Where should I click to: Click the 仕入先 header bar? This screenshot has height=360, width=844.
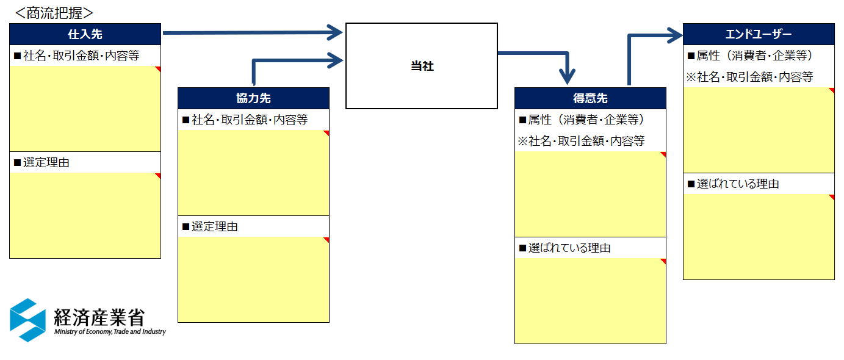pos(85,34)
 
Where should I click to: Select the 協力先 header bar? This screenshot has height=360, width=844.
pos(253,98)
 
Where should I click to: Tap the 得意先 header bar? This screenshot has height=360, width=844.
pos(590,98)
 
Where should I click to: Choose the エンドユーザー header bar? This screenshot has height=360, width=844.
pos(759,34)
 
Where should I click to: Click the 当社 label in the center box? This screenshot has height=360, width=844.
pos(422,67)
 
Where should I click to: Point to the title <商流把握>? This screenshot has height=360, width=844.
pos(54,12)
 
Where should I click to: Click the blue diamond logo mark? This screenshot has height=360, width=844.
pos(28,320)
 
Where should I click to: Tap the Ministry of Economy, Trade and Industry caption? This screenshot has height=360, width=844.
pos(110,332)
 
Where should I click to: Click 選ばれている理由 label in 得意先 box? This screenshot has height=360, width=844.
pos(569,248)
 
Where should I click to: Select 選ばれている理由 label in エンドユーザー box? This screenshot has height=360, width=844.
pos(737,184)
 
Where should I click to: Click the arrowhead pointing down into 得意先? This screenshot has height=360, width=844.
pos(568,77)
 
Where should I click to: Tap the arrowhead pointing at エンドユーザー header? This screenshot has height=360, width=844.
pos(674,35)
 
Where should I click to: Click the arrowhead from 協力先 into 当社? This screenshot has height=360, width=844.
pos(335,60)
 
